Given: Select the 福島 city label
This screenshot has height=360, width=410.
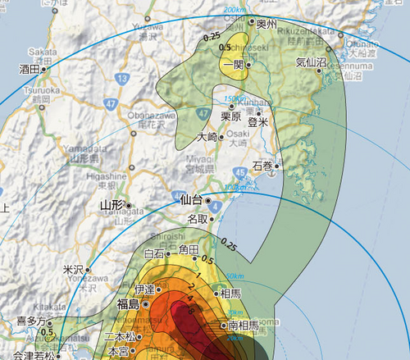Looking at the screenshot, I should [x=128, y=303].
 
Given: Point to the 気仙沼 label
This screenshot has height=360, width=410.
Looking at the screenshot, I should [x=310, y=62].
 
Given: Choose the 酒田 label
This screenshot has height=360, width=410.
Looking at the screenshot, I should [x=29, y=70].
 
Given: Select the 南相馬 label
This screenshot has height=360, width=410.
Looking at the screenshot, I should [x=244, y=326].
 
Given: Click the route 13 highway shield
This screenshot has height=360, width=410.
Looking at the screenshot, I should [x=122, y=78].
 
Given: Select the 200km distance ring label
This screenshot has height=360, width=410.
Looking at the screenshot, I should [x=235, y=10].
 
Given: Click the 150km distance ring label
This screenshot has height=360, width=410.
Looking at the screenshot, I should [x=235, y=99].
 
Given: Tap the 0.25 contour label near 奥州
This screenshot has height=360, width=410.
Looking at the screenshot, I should [x=212, y=36].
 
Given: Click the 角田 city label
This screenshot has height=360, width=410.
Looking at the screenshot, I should [x=189, y=248].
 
